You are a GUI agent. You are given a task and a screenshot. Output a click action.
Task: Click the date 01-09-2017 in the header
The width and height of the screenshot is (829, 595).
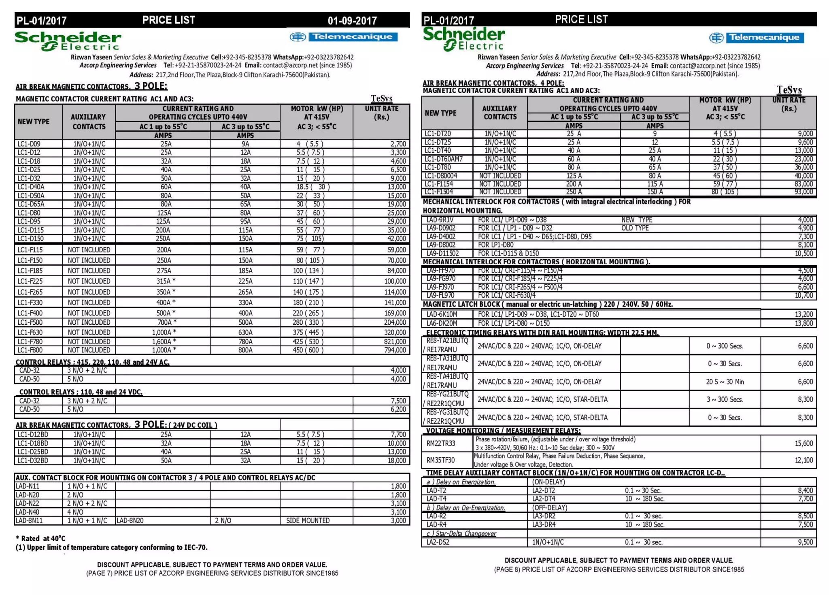(352, 20)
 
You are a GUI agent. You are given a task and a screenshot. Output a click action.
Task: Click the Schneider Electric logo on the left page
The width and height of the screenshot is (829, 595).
(68, 41)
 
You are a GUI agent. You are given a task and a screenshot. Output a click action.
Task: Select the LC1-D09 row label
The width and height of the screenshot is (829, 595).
(29, 144)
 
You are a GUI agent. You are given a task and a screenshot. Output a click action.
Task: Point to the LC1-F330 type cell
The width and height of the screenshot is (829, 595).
(30, 303)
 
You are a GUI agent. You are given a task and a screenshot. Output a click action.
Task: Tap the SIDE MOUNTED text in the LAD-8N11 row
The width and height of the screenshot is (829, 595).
(308, 520)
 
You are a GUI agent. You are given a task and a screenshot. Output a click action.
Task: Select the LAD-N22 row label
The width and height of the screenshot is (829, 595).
(28, 503)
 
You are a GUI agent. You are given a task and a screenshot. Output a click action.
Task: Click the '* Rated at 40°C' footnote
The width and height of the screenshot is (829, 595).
(40, 538)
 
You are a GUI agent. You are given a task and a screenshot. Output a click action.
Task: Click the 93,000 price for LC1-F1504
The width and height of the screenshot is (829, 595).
(803, 192)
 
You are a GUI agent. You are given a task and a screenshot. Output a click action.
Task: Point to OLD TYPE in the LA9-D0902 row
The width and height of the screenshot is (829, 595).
(635, 228)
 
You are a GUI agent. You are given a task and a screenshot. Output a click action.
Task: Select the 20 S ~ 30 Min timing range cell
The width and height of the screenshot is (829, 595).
(725, 382)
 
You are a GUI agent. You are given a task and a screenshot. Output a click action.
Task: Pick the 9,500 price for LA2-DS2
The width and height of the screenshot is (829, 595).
(805, 542)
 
